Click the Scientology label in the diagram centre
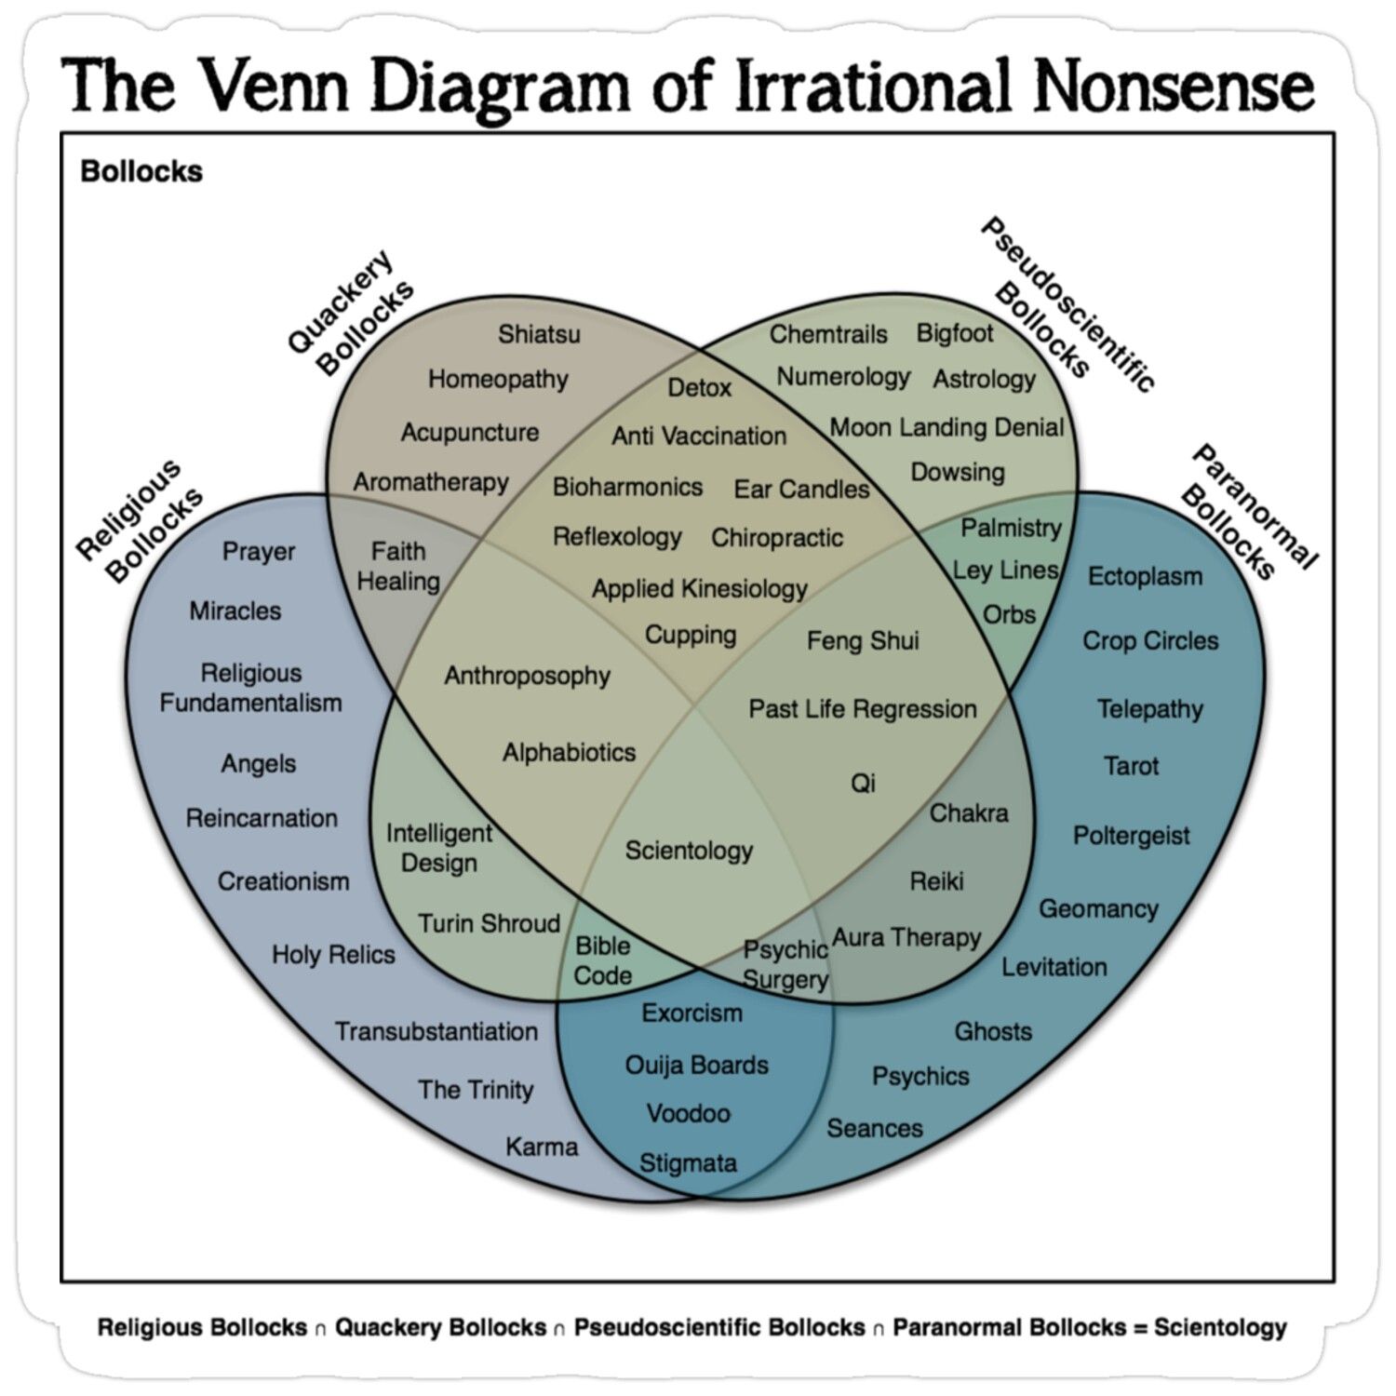tap(689, 851)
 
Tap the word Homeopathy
tap(498, 380)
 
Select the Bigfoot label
tap(955, 333)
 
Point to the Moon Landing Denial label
tap(946, 427)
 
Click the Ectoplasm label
tap(1145, 576)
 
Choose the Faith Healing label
tap(398, 566)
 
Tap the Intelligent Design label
tap(438, 848)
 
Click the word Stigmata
tap(688, 1162)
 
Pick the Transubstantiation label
tap(436, 1031)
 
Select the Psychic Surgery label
tap(785, 964)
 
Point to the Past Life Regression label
tap(863, 709)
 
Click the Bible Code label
tap(603, 960)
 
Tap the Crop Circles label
tap(1150, 640)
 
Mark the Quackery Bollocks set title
tap(351, 314)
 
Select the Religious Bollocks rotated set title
tap(140, 521)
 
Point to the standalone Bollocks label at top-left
tap(141, 171)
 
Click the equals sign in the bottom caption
tap(1140, 1328)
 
